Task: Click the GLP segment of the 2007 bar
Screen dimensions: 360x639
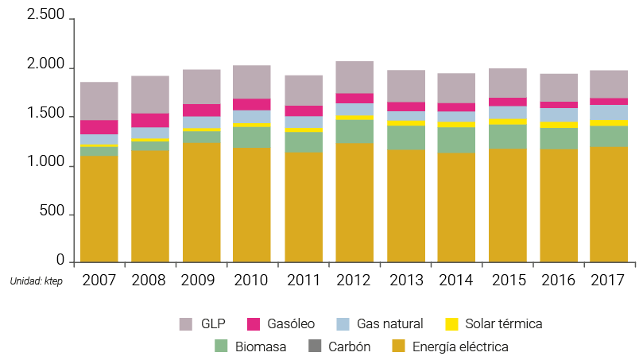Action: click(99, 101)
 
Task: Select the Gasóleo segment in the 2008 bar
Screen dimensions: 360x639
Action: click(150, 120)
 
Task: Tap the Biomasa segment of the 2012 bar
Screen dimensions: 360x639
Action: click(354, 131)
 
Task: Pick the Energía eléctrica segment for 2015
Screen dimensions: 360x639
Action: click(507, 205)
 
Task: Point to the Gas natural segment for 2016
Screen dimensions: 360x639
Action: click(558, 115)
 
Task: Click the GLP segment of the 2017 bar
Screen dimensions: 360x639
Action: click(609, 83)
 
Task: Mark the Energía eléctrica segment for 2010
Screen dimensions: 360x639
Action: click(252, 204)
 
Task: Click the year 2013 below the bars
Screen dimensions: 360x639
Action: click(405, 280)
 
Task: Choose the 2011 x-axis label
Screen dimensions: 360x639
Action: click(303, 280)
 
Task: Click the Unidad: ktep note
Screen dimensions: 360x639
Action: click(36, 281)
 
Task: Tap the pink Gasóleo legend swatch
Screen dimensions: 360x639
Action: click(254, 323)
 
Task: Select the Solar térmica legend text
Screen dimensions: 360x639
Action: click(505, 323)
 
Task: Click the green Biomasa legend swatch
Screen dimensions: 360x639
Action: click(222, 346)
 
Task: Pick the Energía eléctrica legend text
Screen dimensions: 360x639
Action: click(460, 346)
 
